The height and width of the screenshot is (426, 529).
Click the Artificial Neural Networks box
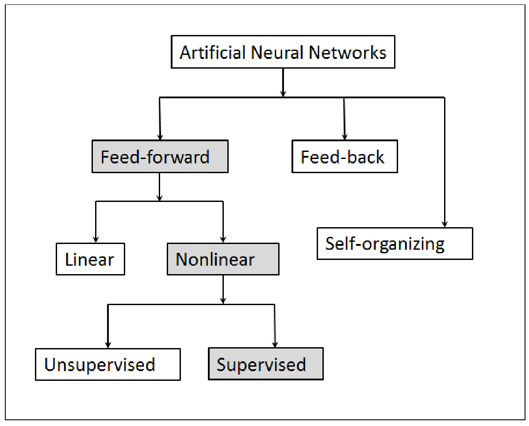click(x=283, y=52)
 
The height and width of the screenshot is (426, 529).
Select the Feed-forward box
click(x=160, y=156)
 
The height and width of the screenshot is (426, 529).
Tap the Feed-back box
click(x=345, y=156)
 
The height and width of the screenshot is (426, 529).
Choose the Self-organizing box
click(x=395, y=244)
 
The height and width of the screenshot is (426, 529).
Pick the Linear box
click(x=90, y=259)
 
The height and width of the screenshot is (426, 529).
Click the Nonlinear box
click(x=223, y=259)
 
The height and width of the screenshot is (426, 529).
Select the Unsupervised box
click(x=108, y=364)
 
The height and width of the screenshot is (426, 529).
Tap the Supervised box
click(x=266, y=364)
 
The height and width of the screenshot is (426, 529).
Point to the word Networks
click(x=348, y=52)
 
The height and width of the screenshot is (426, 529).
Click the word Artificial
click(x=213, y=52)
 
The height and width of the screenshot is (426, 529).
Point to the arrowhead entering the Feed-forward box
click(x=160, y=136)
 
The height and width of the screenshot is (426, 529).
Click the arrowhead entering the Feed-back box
click(x=345, y=136)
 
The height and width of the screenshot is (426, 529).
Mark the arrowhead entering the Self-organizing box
click(x=445, y=224)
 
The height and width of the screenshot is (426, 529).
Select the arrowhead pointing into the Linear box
click(x=96, y=240)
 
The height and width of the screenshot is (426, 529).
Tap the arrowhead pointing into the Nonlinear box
click(x=223, y=240)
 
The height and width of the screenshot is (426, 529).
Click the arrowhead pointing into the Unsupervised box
click(x=108, y=345)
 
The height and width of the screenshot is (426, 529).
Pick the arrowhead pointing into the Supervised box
click(x=275, y=344)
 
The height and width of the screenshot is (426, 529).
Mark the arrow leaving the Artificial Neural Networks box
click(x=283, y=83)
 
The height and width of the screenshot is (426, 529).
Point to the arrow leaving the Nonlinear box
click(x=223, y=290)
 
